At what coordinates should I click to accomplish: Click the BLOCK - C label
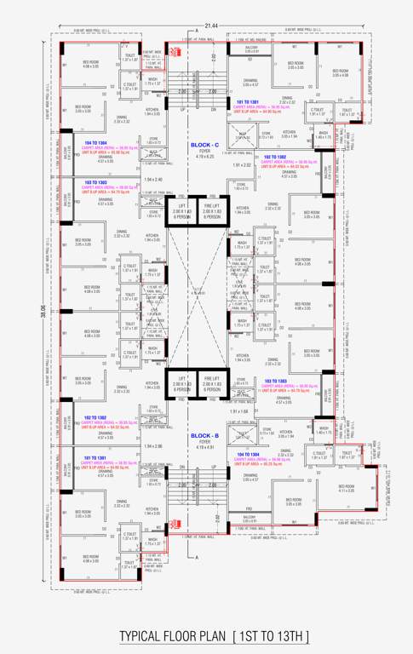tap(204, 146)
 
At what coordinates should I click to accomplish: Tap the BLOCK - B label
tap(204, 434)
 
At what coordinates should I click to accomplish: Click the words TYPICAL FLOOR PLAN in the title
tap(172, 637)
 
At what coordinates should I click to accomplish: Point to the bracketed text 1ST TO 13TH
tap(271, 637)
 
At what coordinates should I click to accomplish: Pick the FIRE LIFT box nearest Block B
tap(212, 387)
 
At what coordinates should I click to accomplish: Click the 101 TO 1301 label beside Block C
tap(248, 102)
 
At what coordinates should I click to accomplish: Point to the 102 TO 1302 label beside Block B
tap(95, 417)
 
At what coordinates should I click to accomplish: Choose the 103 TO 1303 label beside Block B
tap(280, 381)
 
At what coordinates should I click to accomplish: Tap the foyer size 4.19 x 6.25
tap(204, 158)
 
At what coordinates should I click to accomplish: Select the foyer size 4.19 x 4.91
tap(204, 446)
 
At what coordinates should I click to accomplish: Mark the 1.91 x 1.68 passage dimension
tap(239, 410)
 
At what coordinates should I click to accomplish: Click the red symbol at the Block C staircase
tap(174, 52)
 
